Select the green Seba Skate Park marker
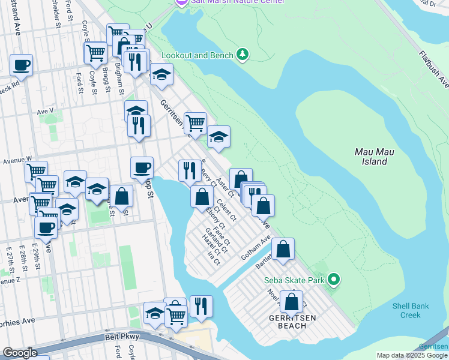pos(334,280)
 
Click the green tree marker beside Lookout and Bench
pos(243,55)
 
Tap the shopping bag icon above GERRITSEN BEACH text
pos(292,302)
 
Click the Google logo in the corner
pos(20,353)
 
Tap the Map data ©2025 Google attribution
pos(412,355)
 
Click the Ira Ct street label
pos(214,256)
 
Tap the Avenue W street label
pos(16,160)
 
